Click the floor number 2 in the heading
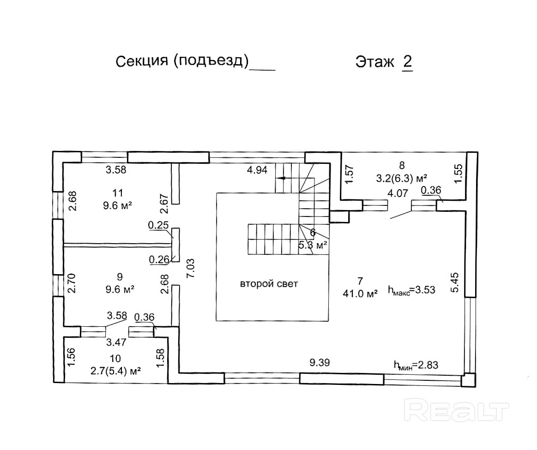407,62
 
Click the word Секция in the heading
141,61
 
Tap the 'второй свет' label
269,284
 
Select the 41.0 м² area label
360,292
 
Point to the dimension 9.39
320,363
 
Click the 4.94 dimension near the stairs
257,169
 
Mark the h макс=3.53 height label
411,290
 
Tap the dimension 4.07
397,194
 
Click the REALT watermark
456,410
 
